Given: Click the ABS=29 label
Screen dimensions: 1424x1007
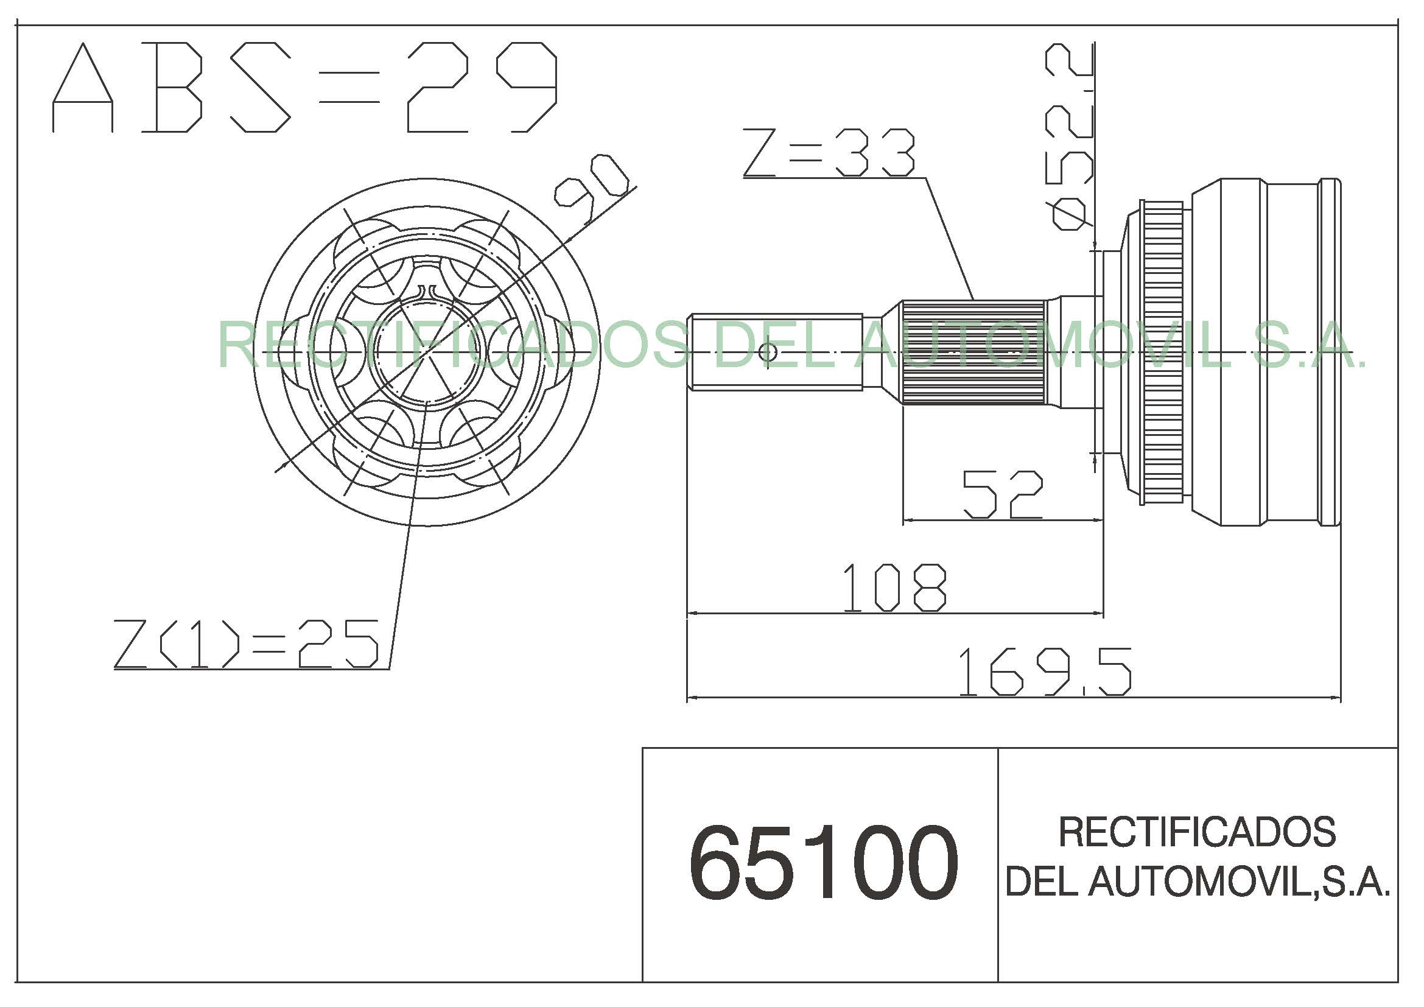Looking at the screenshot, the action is click(304, 87).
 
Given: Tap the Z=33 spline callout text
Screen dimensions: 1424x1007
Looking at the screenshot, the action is click(829, 153).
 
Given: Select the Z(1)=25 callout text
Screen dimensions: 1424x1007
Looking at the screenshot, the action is click(246, 644).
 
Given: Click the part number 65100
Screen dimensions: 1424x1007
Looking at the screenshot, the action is click(824, 863).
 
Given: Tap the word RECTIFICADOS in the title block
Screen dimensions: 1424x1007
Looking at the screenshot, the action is click(1197, 832).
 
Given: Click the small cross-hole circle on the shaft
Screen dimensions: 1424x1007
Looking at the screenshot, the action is click(768, 352).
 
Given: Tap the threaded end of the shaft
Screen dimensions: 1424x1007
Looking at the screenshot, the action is click(775, 352).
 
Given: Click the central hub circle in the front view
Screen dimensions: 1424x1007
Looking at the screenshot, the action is click(427, 352).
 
